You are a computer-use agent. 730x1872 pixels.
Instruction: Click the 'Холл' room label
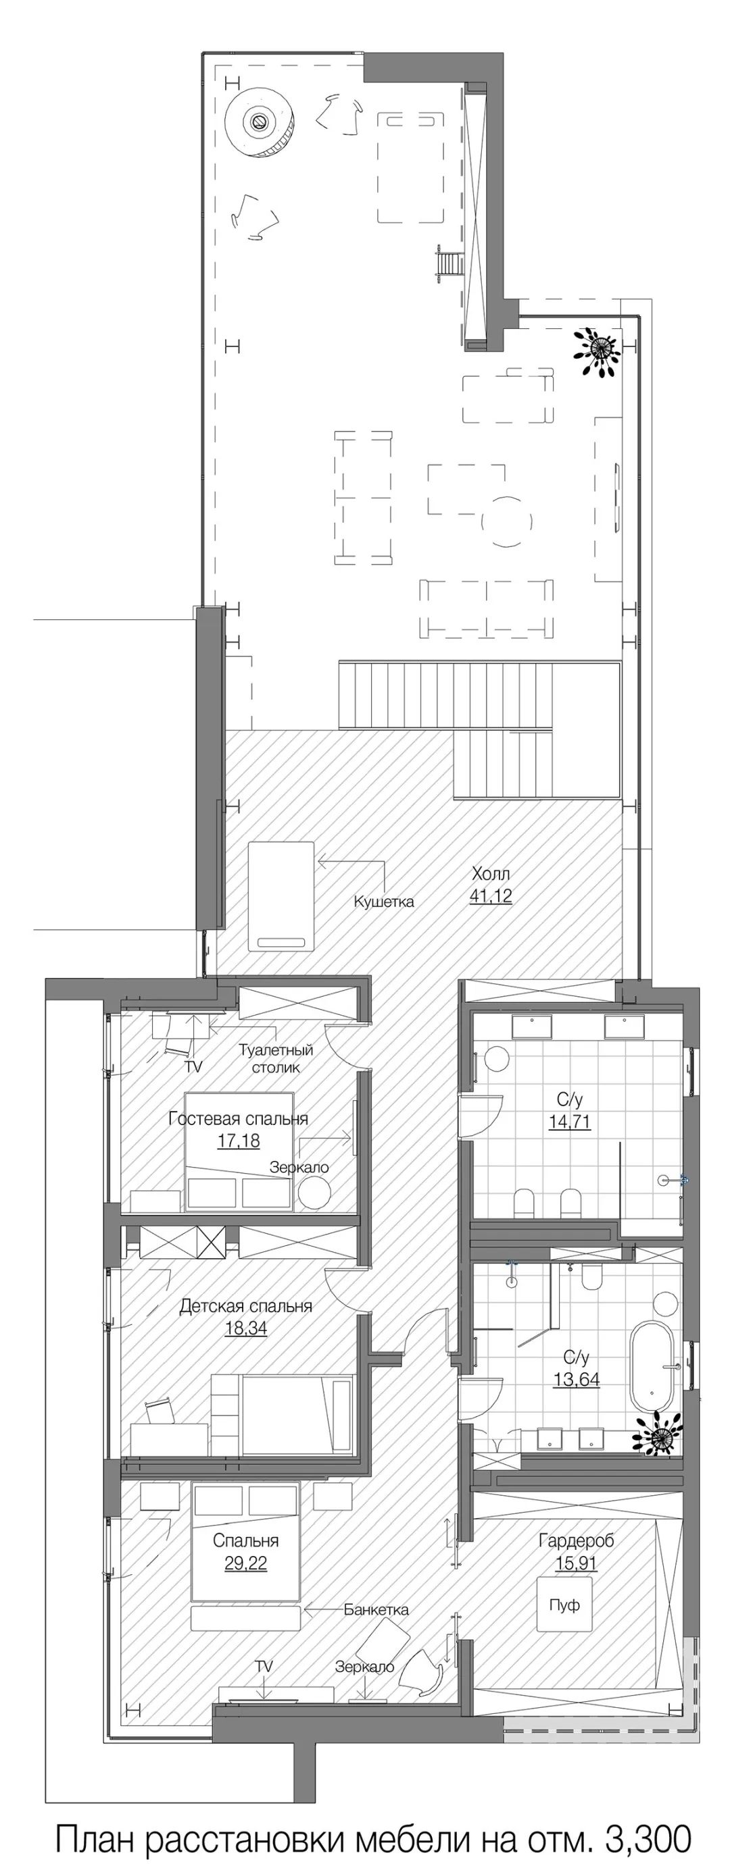(x=491, y=873)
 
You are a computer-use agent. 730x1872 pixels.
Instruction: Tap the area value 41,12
(x=491, y=896)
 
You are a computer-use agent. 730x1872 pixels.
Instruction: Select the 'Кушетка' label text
(x=384, y=902)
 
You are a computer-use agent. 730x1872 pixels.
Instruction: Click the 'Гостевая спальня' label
(x=239, y=1118)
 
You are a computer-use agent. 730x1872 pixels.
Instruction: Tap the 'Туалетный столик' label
(x=276, y=1058)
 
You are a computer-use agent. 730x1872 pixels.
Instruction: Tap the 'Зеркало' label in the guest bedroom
(x=299, y=1168)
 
